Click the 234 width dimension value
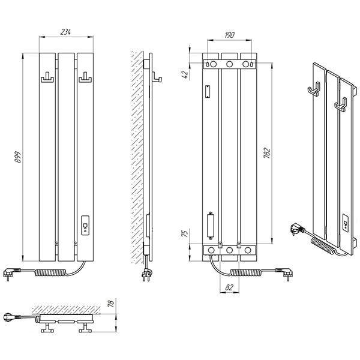(x=65, y=32)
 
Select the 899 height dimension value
(x=17, y=157)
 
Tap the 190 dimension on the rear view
(x=229, y=35)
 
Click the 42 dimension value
(x=185, y=74)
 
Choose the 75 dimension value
(x=185, y=233)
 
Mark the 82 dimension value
(x=229, y=287)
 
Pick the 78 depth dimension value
(x=110, y=304)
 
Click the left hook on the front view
(x=47, y=77)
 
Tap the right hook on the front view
(x=85, y=77)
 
